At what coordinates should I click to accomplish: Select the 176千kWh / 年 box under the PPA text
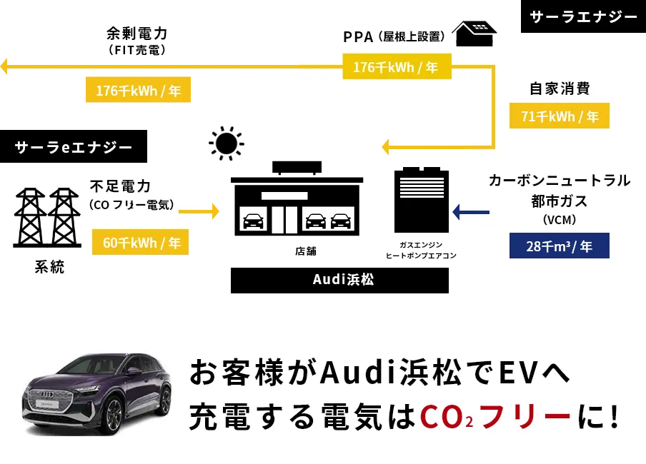[396, 68]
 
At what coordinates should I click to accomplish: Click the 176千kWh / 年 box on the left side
[139, 90]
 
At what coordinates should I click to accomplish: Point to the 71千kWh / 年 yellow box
[560, 116]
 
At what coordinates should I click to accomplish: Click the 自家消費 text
[560, 89]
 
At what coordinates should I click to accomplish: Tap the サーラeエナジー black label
[74, 148]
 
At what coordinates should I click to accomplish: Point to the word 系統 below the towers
[49, 268]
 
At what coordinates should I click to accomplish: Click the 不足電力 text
[120, 187]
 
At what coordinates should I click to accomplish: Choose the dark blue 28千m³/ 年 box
[560, 246]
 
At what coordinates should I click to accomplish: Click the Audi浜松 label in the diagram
[343, 279]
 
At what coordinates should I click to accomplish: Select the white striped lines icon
[422, 187]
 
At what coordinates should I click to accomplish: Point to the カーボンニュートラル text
[560, 181]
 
